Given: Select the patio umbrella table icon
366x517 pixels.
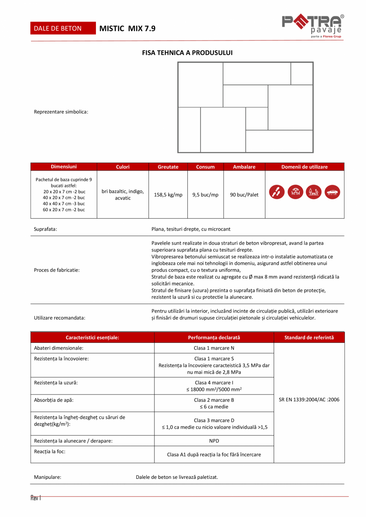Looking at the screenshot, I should pos(296,192).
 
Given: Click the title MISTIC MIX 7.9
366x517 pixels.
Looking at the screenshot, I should pos(128,28).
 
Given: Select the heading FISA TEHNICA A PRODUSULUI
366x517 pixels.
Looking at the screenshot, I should pos(187,52).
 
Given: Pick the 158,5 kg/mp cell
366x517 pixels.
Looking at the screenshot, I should pos(168,194).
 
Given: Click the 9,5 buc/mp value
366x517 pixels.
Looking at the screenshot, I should pos(205,194).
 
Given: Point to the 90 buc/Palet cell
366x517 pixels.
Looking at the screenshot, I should pos(244,194).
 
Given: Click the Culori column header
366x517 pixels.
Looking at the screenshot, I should pos(123,167).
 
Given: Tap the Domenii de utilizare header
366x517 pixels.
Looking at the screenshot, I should pos(304,167).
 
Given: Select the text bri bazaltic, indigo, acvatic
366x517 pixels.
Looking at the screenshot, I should pos(123,194).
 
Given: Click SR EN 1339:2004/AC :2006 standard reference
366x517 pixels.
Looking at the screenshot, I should pos(309,400).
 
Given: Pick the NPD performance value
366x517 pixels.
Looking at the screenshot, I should pos(214,441).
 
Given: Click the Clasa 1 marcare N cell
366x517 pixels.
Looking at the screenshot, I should pos(214,348).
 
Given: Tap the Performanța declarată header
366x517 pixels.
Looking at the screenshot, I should pos(214,337).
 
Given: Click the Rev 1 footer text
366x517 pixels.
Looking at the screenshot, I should pos(36,498).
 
